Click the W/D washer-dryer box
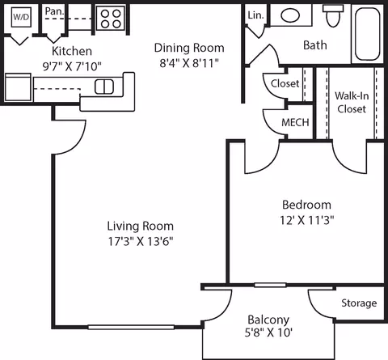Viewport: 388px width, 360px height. (x=21, y=17)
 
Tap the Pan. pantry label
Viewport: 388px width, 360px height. (x=55, y=11)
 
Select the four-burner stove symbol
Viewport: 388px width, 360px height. (x=111, y=18)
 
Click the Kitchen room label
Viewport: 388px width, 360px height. (x=72, y=51)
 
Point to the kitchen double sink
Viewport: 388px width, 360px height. (x=104, y=87)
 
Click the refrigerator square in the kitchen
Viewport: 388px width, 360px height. (x=18, y=87)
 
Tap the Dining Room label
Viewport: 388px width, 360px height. (x=189, y=48)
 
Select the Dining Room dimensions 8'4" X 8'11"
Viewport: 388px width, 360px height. (x=189, y=63)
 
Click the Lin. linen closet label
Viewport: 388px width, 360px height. (x=255, y=15)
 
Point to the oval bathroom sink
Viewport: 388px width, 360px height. (x=290, y=15)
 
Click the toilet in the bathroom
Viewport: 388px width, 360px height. (x=333, y=15)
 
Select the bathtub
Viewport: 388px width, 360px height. (x=367, y=34)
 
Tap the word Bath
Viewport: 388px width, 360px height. (x=315, y=45)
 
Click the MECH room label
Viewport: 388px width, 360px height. (x=295, y=123)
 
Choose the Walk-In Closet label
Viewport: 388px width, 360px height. (x=352, y=103)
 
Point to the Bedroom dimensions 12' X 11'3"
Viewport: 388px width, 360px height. (x=307, y=220)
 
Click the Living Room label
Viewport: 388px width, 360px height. (x=141, y=226)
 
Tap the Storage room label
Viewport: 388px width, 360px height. (x=359, y=303)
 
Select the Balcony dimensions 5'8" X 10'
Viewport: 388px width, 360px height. (x=268, y=332)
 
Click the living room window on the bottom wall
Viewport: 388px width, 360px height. (x=131, y=327)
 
